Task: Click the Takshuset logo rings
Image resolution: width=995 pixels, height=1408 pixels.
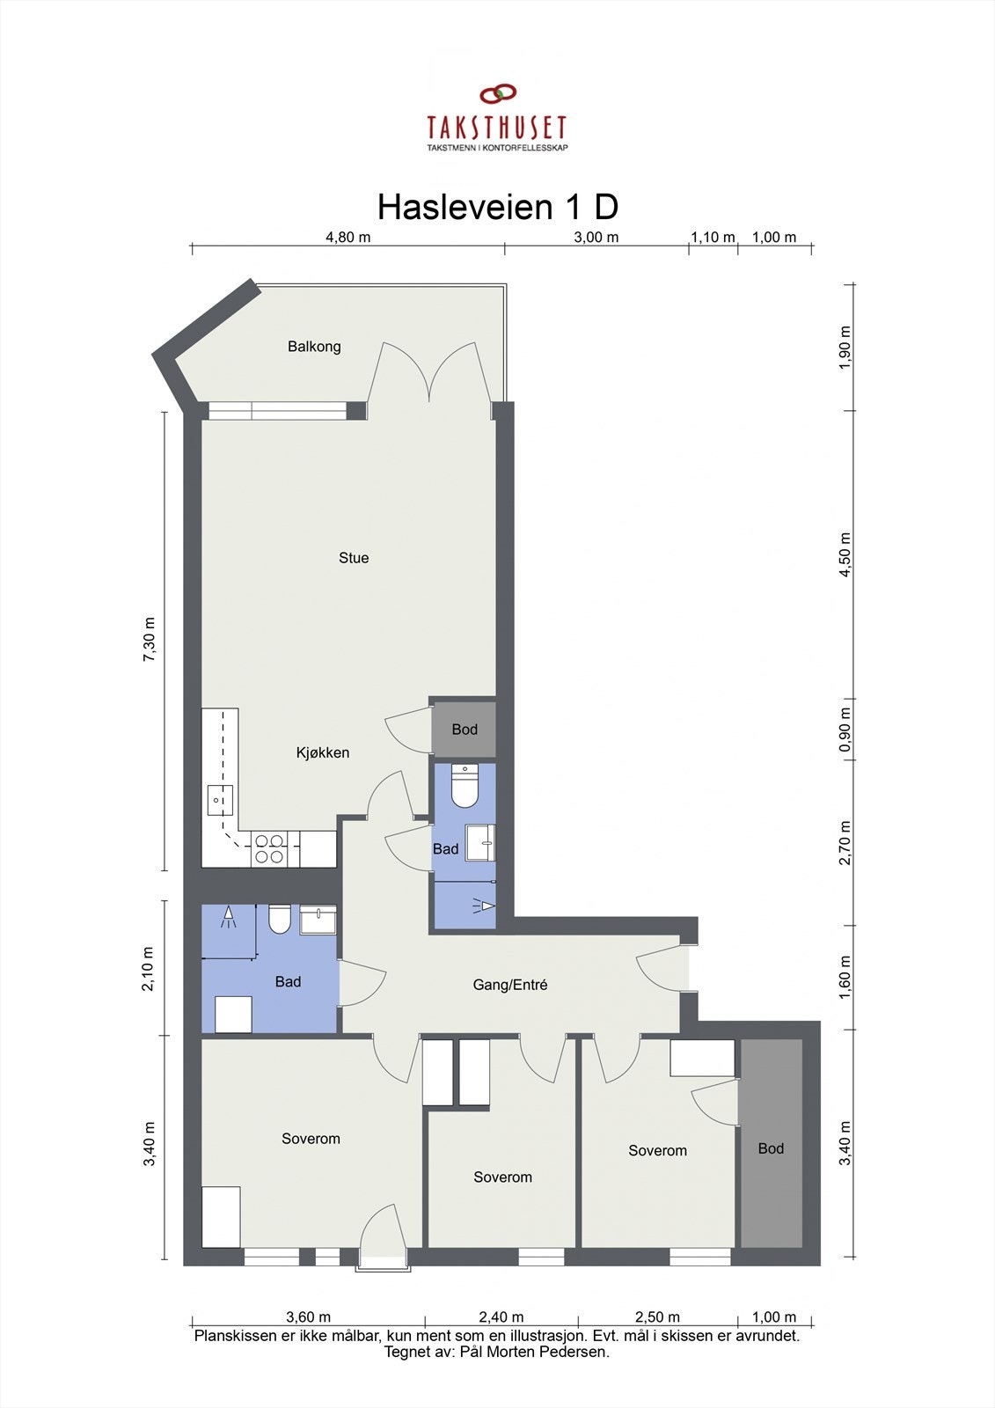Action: [x=497, y=93]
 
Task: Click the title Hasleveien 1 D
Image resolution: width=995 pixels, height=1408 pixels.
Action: [x=497, y=208]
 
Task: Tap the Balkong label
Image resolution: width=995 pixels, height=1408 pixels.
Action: [x=314, y=347]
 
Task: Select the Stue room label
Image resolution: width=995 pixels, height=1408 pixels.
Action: [x=354, y=558]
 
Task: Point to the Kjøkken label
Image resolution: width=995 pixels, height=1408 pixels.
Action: [x=322, y=752]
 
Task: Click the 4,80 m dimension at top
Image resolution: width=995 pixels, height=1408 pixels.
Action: [x=348, y=237]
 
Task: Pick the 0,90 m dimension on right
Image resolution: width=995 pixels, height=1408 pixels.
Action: [x=845, y=730]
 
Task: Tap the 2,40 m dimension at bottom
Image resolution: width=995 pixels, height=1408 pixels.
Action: [x=501, y=1317]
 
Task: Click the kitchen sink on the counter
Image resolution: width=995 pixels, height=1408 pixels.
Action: [x=219, y=800]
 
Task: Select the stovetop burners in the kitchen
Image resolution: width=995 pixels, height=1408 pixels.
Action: [x=269, y=848]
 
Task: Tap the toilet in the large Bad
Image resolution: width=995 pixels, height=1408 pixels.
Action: [x=280, y=920]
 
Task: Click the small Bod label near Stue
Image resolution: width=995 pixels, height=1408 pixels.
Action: [x=465, y=730]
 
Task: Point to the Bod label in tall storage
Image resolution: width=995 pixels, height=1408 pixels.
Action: [x=771, y=1148]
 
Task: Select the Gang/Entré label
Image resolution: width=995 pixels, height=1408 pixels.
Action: [x=510, y=985]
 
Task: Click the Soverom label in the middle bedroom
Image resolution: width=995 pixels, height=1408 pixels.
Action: [x=502, y=1177]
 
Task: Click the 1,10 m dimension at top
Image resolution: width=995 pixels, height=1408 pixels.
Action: [x=713, y=237]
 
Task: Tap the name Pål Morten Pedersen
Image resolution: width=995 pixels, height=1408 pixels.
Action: [x=535, y=1352]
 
